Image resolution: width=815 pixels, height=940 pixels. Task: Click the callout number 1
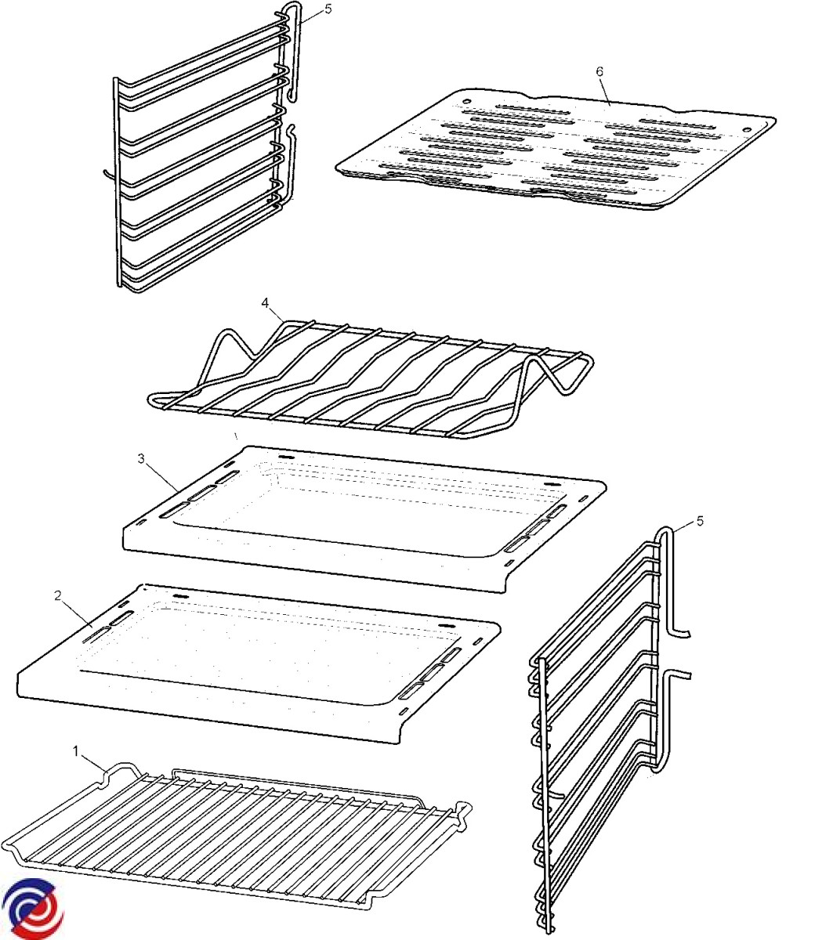tap(76, 751)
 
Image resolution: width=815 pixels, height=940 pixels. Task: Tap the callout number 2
tap(58, 596)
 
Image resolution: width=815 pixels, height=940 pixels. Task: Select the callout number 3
tap(141, 459)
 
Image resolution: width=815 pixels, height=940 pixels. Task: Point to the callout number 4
tap(266, 303)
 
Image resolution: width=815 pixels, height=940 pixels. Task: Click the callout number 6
tap(599, 71)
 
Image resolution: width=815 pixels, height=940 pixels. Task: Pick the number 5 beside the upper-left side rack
tap(328, 9)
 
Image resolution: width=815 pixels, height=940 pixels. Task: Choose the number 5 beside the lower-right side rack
tap(700, 521)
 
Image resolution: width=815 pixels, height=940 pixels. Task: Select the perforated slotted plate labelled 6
tap(555, 150)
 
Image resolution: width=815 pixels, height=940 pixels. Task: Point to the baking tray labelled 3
tap(364, 519)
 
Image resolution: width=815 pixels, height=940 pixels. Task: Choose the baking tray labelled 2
tap(259, 664)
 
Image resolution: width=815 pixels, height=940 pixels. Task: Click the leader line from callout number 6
tap(605, 92)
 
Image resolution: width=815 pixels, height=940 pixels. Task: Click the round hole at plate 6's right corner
tap(747, 129)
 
